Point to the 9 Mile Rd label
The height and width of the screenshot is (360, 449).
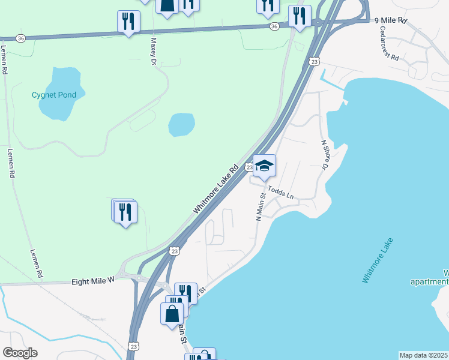(x=391, y=20)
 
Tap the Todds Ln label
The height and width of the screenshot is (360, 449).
(x=282, y=193)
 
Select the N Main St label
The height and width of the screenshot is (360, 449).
(x=261, y=207)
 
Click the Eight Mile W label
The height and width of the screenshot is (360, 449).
(x=92, y=281)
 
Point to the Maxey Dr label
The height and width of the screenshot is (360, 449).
(x=154, y=52)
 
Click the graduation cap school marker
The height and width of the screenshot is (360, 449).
(x=264, y=165)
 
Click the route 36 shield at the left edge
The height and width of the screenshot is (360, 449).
(x=21, y=38)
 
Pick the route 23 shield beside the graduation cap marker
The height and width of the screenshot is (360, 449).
(x=249, y=167)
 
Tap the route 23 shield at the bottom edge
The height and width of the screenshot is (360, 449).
(x=133, y=346)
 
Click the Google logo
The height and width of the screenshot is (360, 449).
(x=20, y=353)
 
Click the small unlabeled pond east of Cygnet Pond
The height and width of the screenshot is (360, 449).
(x=181, y=125)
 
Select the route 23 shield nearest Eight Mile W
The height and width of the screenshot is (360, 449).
(x=175, y=251)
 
